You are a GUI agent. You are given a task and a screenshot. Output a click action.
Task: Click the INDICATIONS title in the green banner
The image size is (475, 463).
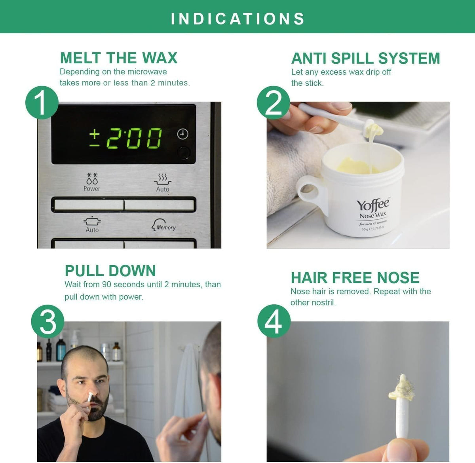237,19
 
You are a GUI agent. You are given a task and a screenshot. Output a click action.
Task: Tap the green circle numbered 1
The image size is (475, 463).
42,102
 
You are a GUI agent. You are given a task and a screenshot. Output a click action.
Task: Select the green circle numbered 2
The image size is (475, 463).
274,102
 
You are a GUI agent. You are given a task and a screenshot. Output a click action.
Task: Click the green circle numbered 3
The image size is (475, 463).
47,321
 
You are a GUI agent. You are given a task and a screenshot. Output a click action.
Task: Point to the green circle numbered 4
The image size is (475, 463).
274,321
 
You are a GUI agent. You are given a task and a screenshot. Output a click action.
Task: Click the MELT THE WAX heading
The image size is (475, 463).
119,58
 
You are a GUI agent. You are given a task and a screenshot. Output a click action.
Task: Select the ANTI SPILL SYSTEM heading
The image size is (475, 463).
365,58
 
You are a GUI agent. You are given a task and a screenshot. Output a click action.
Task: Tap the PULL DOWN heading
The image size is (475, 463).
110,271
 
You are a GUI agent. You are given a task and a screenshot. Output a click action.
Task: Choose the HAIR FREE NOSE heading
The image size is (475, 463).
355,277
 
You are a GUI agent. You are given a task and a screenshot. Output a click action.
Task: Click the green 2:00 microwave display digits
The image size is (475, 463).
134,138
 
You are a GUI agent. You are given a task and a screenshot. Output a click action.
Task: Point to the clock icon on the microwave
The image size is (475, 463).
182,134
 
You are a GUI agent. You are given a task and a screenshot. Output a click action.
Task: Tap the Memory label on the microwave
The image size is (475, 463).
166,228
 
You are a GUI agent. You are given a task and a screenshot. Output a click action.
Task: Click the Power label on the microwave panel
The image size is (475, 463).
92,189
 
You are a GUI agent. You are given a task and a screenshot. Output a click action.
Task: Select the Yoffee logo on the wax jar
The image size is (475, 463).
372,205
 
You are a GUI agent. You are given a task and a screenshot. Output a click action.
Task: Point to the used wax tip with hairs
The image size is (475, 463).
401,387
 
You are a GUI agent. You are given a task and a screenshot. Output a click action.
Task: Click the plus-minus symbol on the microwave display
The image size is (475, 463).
95,139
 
